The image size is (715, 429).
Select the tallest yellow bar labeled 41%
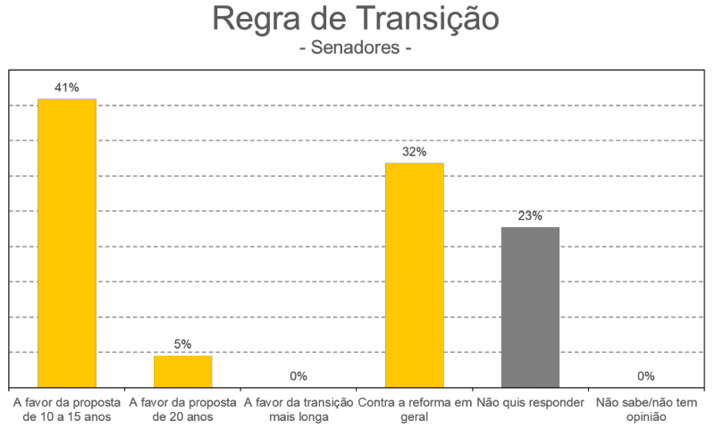pyautogui.click(x=67, y=242)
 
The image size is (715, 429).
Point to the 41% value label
pyautogui.click(x=67, y=88)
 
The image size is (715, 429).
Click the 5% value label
pyautogui.click(x=183, y=344)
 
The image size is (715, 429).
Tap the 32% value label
pyautogui.click(x=414, y=152)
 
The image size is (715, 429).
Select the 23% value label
pyautogui.click(x=530, y=216)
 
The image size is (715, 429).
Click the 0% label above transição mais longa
pyautogui.click(x=299, y=376)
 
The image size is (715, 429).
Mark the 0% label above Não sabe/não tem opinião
pyautogui.click(x=645, y=376)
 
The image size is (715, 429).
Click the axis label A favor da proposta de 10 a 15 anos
pyautogui.click(x=67, y=409)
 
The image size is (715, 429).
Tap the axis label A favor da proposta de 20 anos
pyautogui.click(x=183, y=409)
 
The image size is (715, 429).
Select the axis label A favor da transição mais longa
pyautogui.click(x=299, y=409)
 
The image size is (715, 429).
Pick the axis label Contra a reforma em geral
pyautogui.click(x=414, y=409)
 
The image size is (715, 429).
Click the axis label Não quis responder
pyautogui.click(x=530, y=402)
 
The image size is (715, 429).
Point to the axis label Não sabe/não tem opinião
pyautogui.click(x=645, y=409)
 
